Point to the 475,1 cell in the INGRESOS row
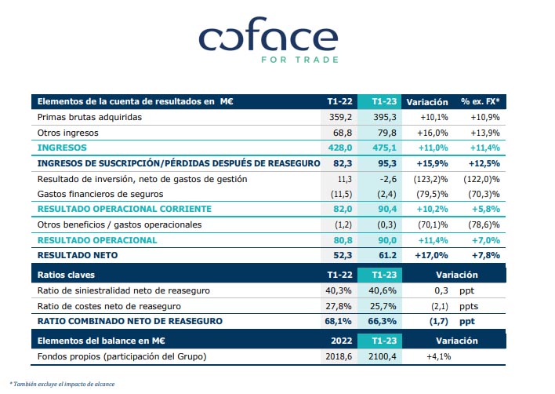coord(379,147)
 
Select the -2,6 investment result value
coord(383,178)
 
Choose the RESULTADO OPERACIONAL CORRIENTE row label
coord(124,209)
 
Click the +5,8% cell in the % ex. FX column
coord(481,209)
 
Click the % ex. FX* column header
coord(480,101)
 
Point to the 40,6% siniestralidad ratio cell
coord(379,290)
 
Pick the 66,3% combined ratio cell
coord(379,321)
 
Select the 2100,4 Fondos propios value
coord(379,356)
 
